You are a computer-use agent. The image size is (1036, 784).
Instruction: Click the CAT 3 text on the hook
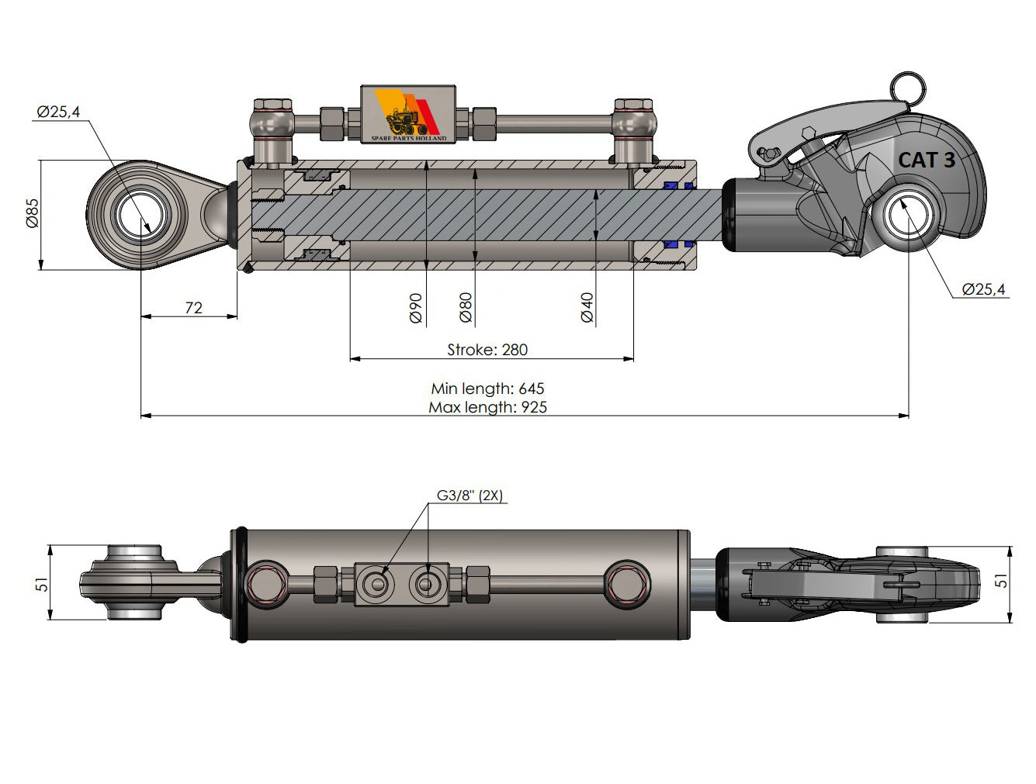point(926,161)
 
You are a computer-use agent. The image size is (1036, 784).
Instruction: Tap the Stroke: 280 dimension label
point(487,350)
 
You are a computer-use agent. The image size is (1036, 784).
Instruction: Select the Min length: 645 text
point(487,388)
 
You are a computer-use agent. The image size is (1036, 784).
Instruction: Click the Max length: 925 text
point(487,407)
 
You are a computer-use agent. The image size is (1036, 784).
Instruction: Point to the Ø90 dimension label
point(415,308)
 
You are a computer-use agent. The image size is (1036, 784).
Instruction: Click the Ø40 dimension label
point(587,308)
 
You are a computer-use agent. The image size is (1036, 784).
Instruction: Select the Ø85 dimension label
point(32,212)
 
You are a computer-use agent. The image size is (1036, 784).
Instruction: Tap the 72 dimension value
point(193,308)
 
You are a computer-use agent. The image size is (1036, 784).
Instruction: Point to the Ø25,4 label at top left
point(58,112)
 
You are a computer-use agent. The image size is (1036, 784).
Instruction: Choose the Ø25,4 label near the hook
point(983,289)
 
